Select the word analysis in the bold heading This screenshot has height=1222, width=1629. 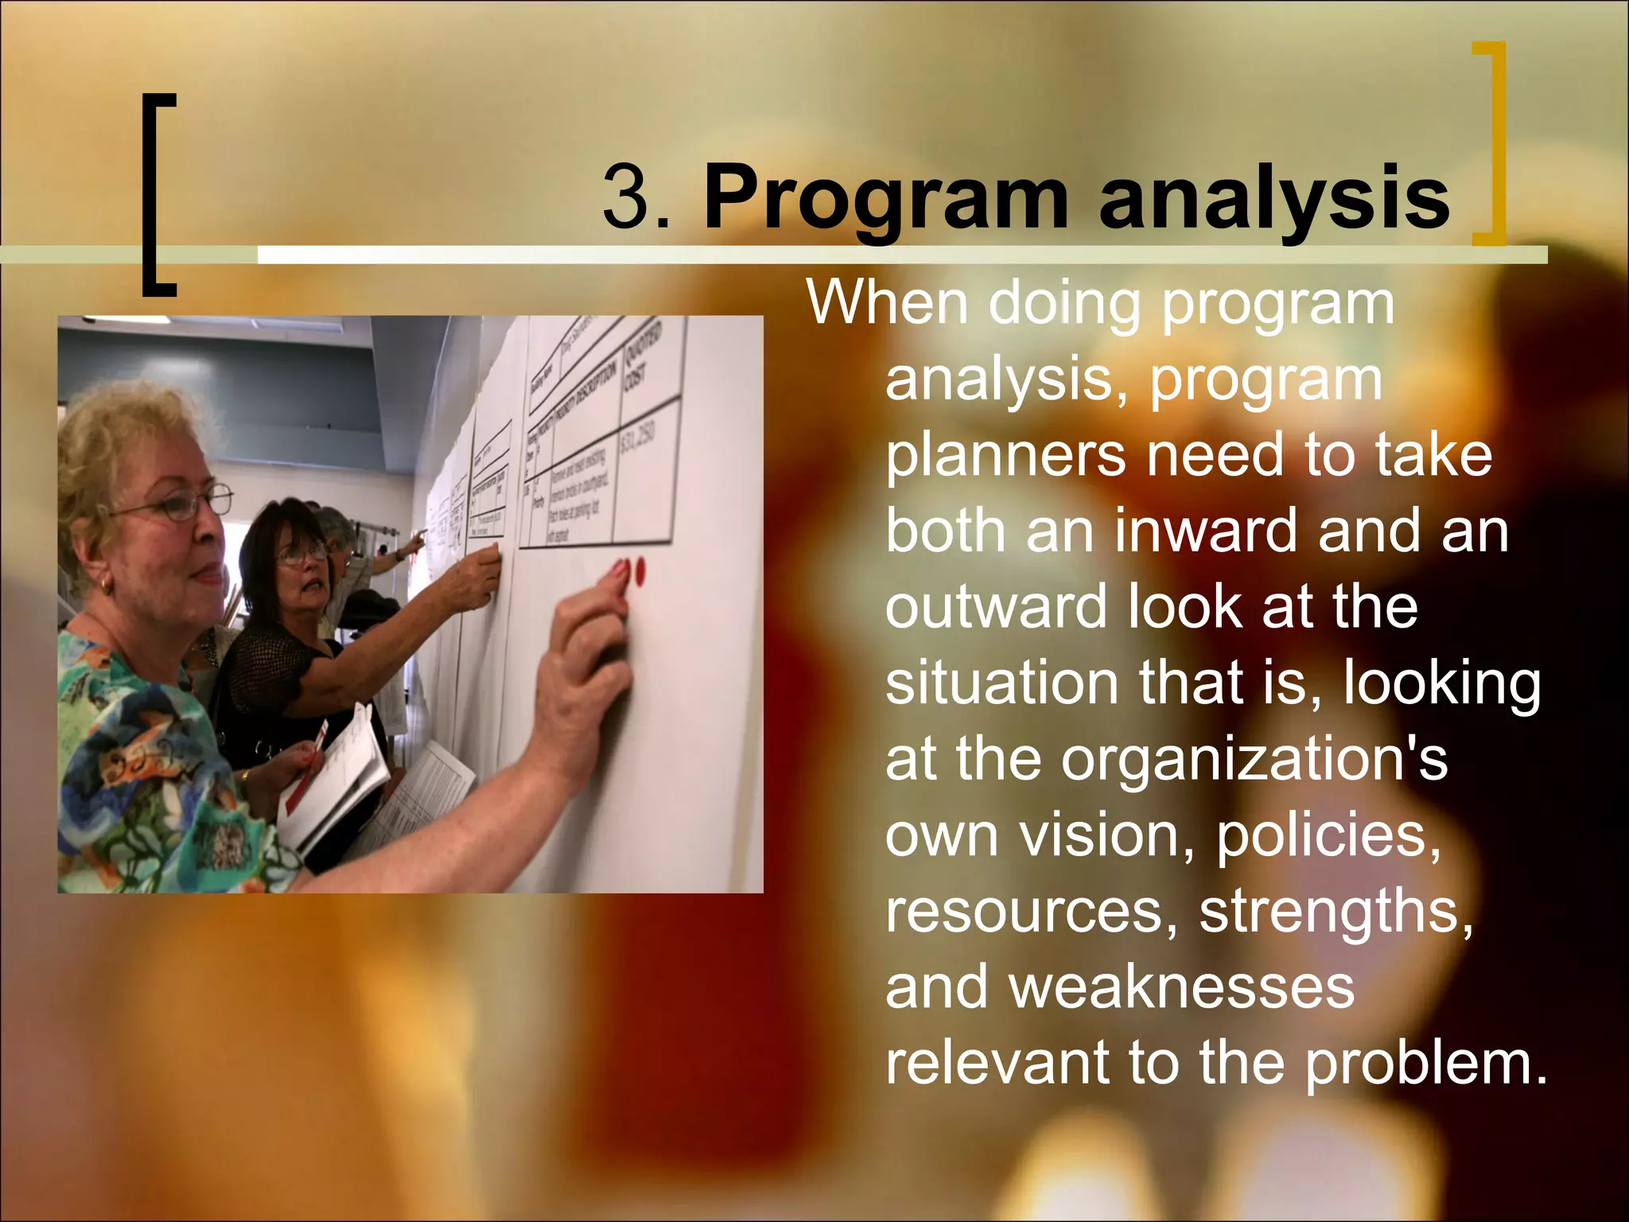tap(1273, 199)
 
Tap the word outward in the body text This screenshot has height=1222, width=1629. tap(995, 607)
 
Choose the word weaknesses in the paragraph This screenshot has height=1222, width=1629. tap(1181, 987)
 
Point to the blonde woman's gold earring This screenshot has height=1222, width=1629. tap(106, 586)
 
